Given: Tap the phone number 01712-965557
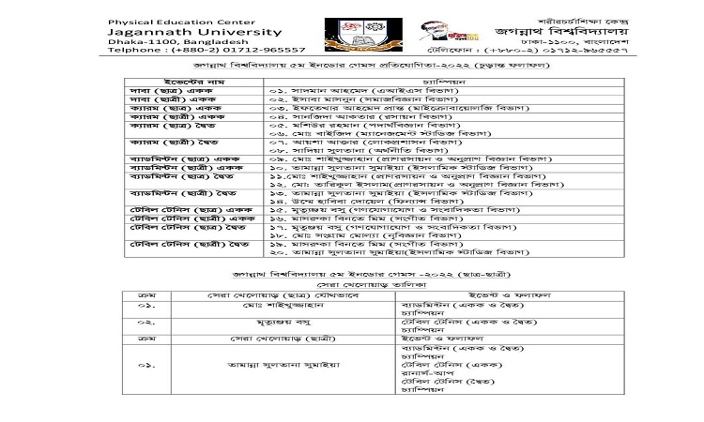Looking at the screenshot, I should [257, 50].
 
